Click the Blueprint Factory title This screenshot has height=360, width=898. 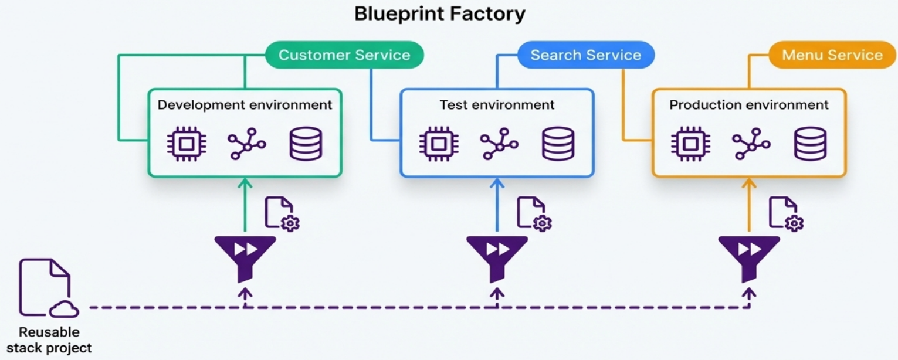click(x=440, y=15)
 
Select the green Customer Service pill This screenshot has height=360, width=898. click(x=344, y=55)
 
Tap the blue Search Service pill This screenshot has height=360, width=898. click(x=586, y=55)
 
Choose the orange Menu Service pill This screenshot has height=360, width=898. click(x=832, y=55)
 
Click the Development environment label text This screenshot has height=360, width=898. click(x=245, y=105)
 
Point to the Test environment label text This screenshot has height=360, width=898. click(x=497, y=105)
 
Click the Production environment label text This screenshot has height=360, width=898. click(x=749, y=105)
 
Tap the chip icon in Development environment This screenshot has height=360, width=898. click(x=187, y=144)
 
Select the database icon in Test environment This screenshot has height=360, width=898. click(x=558, y=144)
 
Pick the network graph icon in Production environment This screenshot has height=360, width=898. click(x=751, y=144)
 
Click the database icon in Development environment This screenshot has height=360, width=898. click(x=306, y=144)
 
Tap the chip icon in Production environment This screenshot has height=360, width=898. click(x=690, y=144)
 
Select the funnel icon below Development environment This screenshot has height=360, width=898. click(x=245, y=259)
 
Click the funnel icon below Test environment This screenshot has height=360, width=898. click(x=497, y=259)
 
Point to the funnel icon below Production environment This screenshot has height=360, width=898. click(x=749, y=259)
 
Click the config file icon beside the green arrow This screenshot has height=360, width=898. click(x=282, y=213)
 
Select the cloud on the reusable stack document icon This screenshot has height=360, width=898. click(x=64, y=310)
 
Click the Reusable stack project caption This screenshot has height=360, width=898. click(x=49, y=340)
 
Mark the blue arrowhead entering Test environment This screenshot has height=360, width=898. click(x=497, y=183)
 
